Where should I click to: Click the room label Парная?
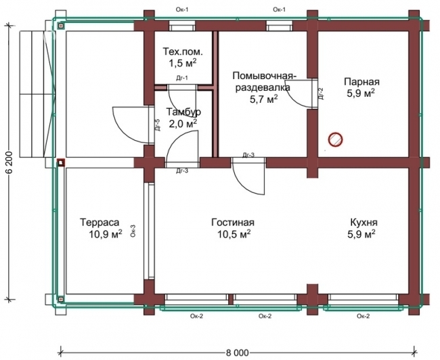click(361, 82)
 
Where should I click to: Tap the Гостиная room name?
click(233, 222)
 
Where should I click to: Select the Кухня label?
click(364, 222)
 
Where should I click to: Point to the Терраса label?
click(100, 222)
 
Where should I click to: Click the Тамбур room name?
click(183, 112)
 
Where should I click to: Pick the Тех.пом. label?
click(183, 51)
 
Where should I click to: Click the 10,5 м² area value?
click(234, 233)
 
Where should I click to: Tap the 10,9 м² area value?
click(106, 233)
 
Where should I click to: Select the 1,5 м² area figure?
click(182, 63)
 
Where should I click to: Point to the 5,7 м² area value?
click(264, 99)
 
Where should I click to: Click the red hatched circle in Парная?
click(335, 139)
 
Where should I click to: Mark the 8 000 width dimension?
click(238, 353)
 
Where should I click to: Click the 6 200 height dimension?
click(9, 162)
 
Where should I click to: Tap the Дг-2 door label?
click(321, 93)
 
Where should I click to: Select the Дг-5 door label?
click(158, 125)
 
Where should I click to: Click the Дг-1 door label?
click(182, 78)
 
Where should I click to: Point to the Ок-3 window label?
click(133, 231)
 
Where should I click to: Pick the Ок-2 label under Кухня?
click(363, 316)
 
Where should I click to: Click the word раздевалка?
click(263, 87)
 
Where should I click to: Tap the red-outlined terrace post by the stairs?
click(61, 162)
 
